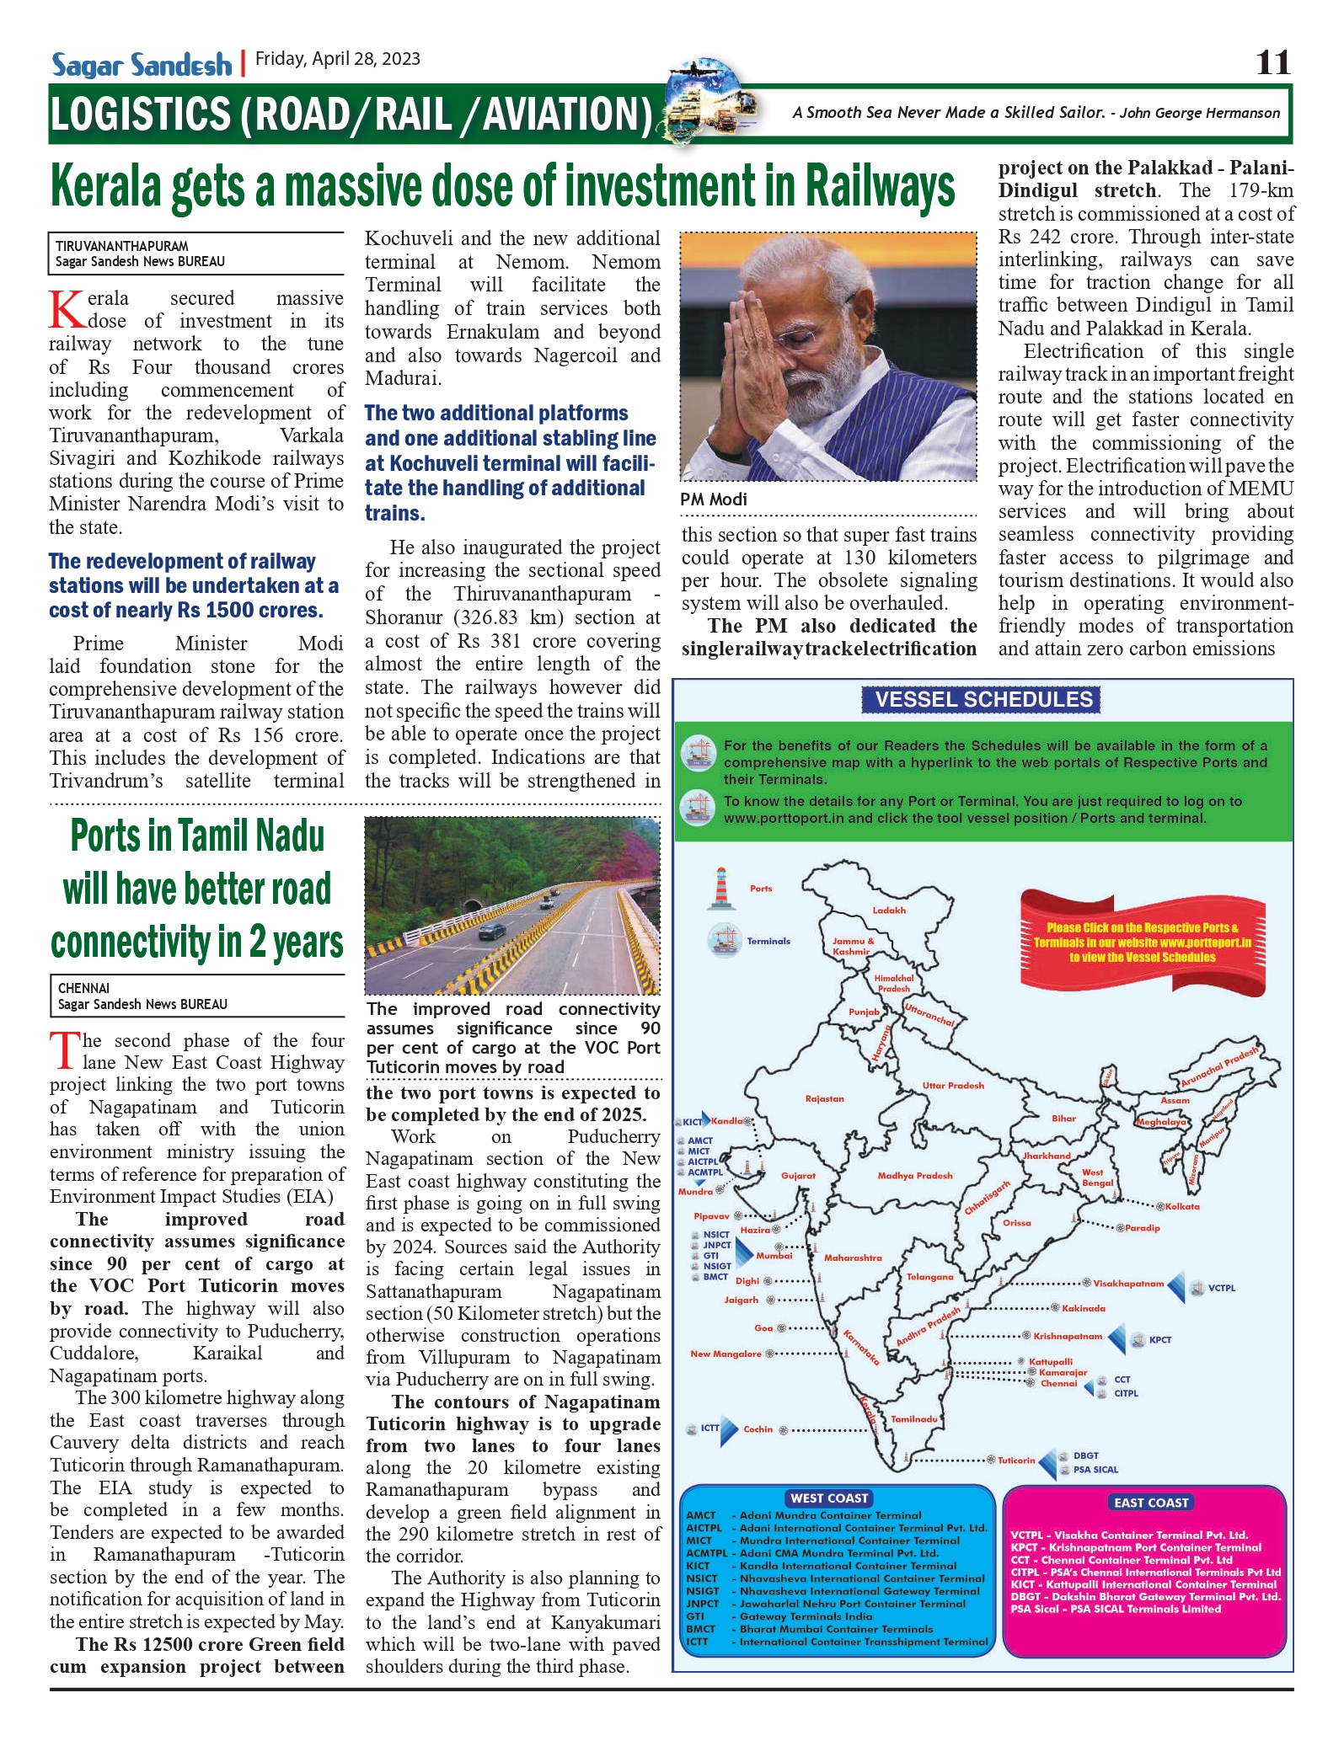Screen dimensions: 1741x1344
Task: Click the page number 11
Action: tap(1272, 63)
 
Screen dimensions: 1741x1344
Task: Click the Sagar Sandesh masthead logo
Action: tap(142, 65)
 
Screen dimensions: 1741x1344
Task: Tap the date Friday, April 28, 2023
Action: tap(338, 59)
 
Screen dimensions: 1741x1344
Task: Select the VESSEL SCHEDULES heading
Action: tap(983, 700)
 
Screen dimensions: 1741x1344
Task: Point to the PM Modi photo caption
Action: tap(714, 499)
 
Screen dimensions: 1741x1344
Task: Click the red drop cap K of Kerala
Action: tap(67, 310)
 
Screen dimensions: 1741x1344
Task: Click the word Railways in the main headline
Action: tap(880, 185)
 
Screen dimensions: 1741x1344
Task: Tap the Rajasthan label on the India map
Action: tap(824, 1099)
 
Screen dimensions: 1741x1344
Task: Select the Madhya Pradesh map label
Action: tap(915, 1176)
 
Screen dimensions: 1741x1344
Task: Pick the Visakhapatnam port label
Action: tap(1127, 1284)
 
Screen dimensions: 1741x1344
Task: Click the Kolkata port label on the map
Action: tap(1182, 1207)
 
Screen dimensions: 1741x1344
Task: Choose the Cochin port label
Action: tap(758, 1429)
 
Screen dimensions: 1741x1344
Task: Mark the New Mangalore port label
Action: tap(726, 1354)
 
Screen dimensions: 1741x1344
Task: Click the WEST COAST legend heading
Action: tap(829, 1498)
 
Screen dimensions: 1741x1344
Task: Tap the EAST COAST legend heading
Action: tap(1150, 1503)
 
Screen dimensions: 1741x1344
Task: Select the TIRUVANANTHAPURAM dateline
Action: tap(121, 246)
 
